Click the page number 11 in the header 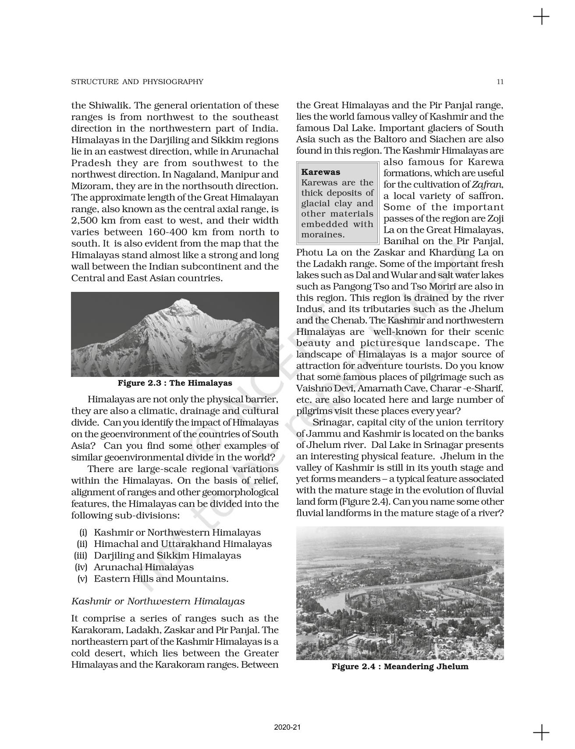coord(500,82)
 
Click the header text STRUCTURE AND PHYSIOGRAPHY coord(137,82)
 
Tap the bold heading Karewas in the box coord(321,172)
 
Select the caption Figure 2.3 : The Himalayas coord(175,383)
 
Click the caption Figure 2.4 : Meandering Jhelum coord(400,667)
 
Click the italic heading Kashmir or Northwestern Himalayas coord(158,601)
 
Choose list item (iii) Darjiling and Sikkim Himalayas coord(158,555)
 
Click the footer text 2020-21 coord(287,727)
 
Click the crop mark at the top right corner coord(541,17)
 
